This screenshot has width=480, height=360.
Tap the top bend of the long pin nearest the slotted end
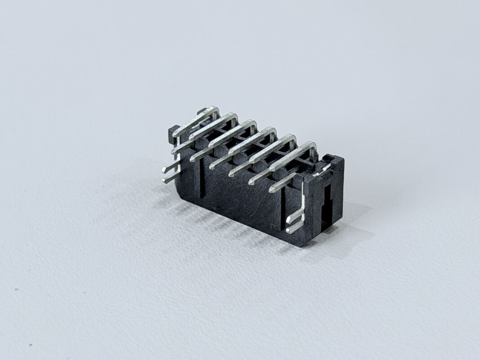[x=312, y=145]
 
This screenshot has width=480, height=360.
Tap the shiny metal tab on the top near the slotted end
[x=323, y=170]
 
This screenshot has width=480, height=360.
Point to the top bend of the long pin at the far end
[x=215, y=109]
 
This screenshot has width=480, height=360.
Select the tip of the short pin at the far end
[x=174, y=152]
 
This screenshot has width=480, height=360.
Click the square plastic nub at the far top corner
[x=173, y=131]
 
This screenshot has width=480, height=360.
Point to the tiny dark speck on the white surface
[x=17, y=289]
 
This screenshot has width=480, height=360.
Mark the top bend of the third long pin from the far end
[x=253, y=123]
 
